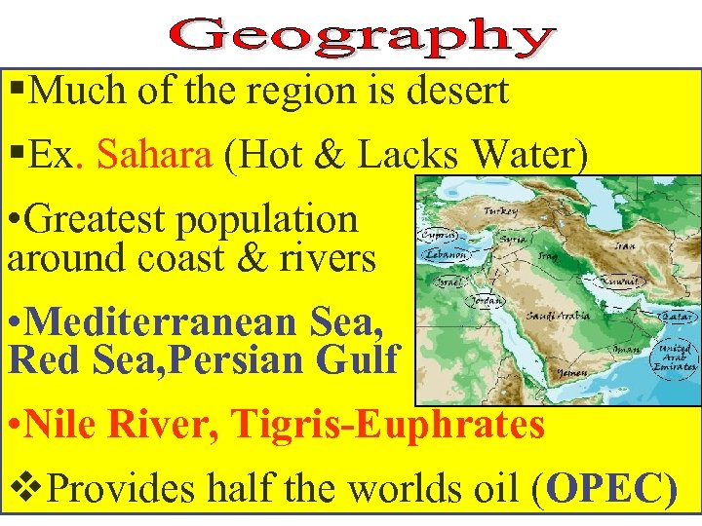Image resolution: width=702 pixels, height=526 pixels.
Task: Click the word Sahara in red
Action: click(x=155, y=154)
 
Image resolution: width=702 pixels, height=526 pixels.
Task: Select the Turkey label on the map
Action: click(x=501, y=211)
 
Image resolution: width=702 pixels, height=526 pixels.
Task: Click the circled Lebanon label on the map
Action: click(x=445, y=255)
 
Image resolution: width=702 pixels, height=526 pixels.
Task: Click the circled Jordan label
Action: click(x=485, y=300)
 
